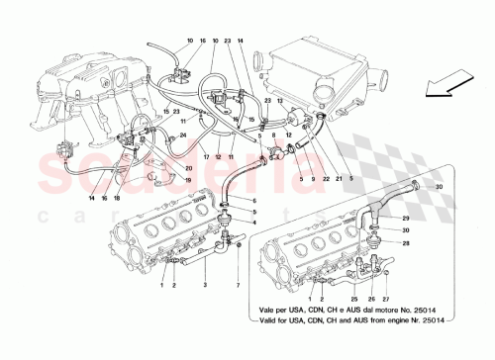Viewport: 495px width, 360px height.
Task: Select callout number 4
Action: pos(254,223)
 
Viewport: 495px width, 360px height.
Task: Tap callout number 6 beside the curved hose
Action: pos(254,201)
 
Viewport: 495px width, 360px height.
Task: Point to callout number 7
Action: pos(238,286)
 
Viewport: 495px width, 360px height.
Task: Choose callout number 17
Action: pos(206,157)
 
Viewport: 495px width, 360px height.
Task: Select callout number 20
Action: pos(187,169)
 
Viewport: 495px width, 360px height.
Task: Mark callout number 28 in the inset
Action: pos(406,242)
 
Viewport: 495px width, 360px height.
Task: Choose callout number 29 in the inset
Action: pos(406,219)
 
